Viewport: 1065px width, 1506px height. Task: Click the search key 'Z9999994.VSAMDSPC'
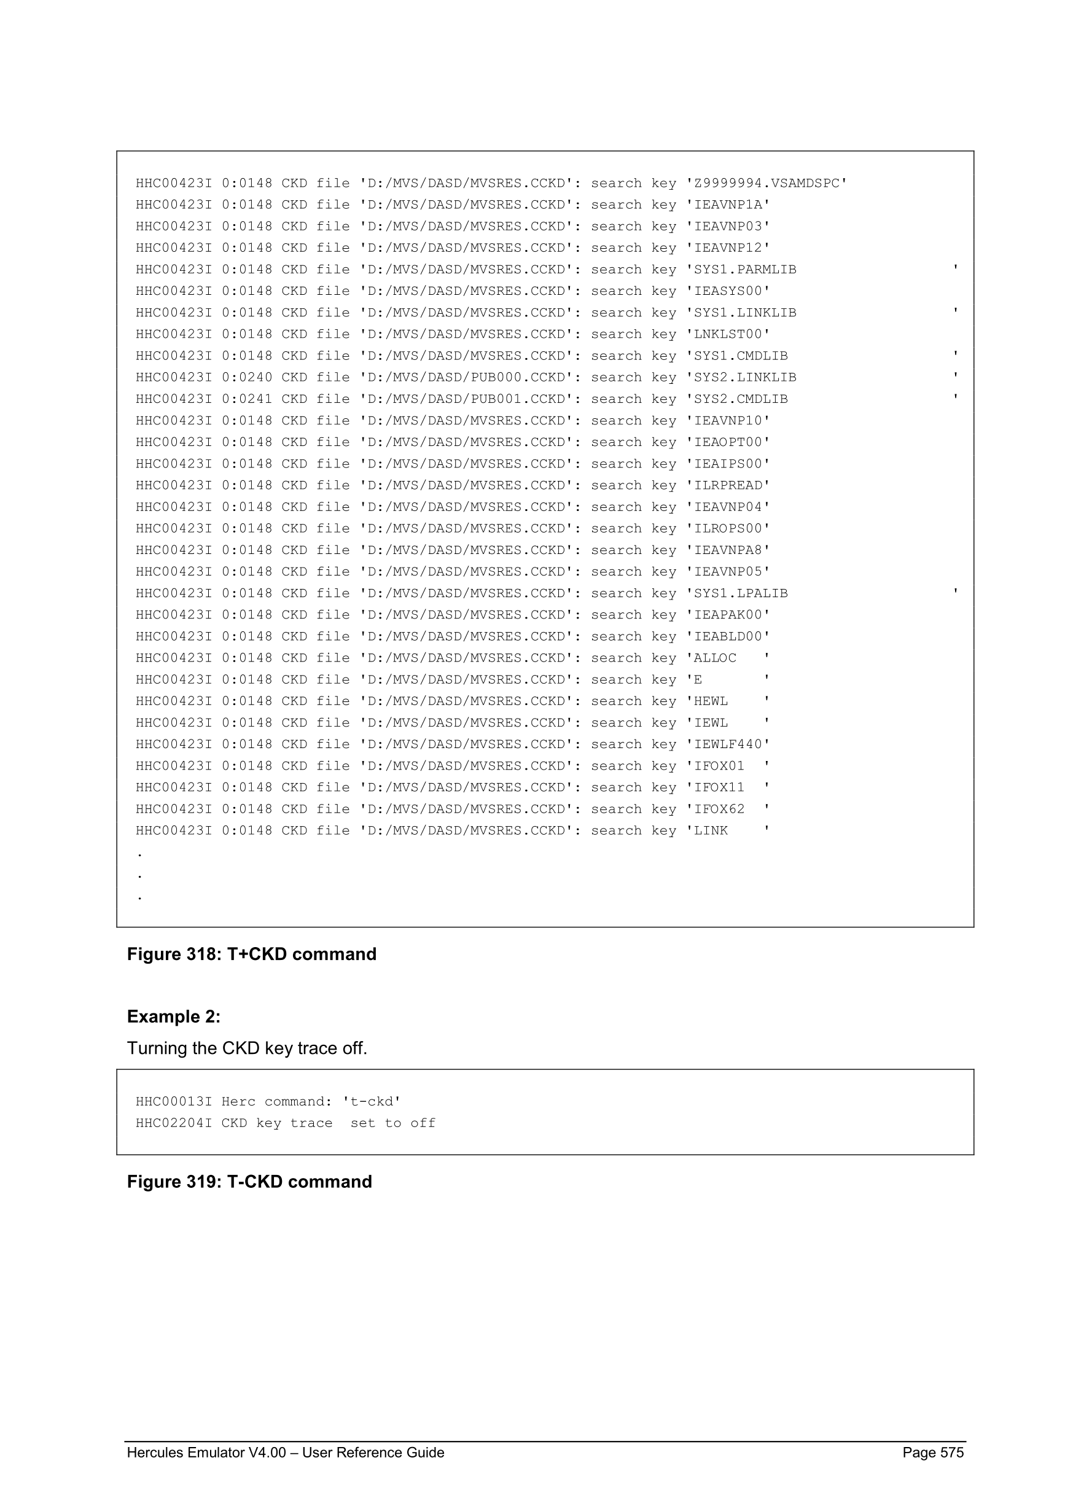pyautogui.click(x=766, y=184)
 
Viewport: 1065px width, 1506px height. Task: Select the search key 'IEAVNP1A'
pyautogui.click(x=728, y=205)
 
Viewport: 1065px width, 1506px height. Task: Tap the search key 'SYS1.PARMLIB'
pyautogui.click(x=745, y=270)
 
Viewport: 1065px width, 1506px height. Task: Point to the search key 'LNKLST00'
pyautogui.click(x=728, y=335)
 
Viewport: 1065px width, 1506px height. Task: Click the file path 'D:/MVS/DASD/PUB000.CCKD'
pyautogui.click(x=466, y=378)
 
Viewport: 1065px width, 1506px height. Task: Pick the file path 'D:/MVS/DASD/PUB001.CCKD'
pyautogui.click(x=466, y=399)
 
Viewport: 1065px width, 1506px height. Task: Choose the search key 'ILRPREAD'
pyautogui.click(x=728, y=485)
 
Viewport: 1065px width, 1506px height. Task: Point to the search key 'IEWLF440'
pyautogui.click(x=728, y=744)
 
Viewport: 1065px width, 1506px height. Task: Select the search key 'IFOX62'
pyautogui.click(x=719, y=810)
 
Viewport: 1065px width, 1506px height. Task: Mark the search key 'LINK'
pyautogui.click(x=711, y=831)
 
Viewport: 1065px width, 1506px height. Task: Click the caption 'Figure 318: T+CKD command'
pyautogui.click(x=252, y=954)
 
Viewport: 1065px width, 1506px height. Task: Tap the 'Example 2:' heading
pyautogui.click(x=174, y=1016)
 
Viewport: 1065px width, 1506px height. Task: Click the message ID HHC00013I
pyautogui.click(x=174, y=1102)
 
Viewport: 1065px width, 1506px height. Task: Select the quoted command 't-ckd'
pyautogui.click(x=372, y=1102)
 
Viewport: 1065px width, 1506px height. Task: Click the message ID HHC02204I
pyautogui.click(x=174, y=1123)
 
